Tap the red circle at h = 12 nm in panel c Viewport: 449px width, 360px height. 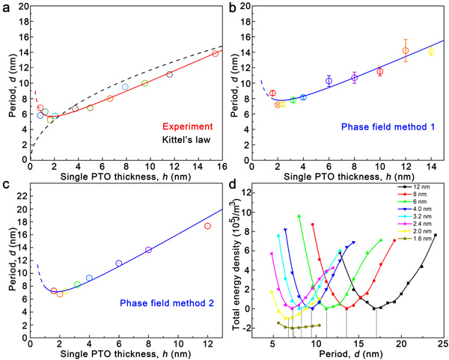pos(207,226)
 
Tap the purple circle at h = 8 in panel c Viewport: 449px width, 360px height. pos(148,250)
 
